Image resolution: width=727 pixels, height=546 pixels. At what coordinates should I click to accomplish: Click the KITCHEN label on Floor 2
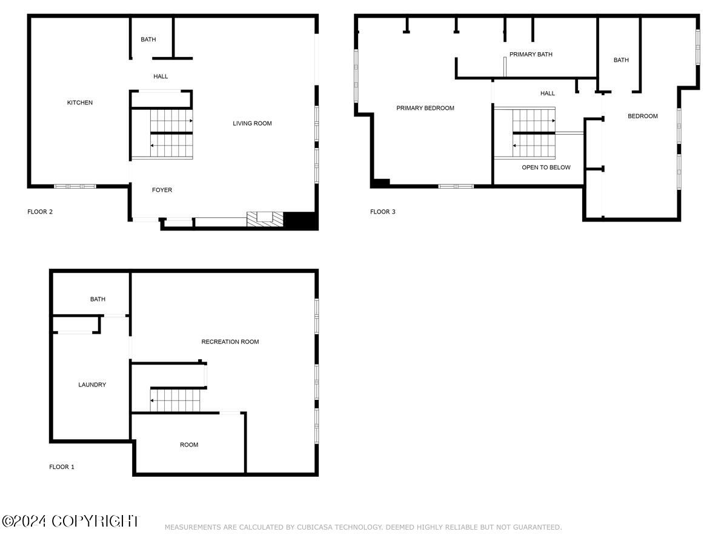click(x=80, y=103)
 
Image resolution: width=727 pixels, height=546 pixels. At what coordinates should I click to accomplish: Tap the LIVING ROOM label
click(x=252, y=123)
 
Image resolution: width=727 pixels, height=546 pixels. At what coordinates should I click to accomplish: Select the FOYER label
click(x=162, y=190)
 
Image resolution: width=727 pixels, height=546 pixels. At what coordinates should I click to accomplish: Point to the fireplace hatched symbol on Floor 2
click(x=265, y=219)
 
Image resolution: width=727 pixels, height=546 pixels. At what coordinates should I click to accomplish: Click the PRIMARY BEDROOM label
click(x=425, y=108)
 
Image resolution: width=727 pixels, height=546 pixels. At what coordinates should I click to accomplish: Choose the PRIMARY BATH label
click(x=531, y=55)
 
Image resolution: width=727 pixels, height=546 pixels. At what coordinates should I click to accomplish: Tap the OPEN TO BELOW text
click(x=546, y=167)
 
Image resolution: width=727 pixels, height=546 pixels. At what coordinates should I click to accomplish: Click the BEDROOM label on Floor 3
click(x=643, y=116)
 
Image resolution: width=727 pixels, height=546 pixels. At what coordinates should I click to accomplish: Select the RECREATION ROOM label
click(x=230, y=342)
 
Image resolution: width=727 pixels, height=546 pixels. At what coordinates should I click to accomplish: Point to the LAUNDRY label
click(x=92, y=385)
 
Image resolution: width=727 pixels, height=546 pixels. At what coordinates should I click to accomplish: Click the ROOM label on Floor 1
click(x=189, y=445)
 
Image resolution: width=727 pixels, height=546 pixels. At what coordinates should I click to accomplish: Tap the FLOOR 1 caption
click(x=62, y=467)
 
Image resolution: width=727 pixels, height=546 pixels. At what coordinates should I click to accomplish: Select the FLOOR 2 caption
click(x=40, y=212)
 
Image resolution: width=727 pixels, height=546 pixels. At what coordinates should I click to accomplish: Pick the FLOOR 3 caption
click(x=382, y=212)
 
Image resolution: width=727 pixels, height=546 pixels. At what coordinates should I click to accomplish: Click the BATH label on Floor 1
click(x=98, y=299)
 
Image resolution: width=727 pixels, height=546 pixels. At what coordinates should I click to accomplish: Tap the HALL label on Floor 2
click(x=161, y=76)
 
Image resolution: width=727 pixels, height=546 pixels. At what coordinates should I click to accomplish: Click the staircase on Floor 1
click(x=175, y=400)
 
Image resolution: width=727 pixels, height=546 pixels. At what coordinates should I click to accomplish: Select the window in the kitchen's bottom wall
click(x=75, y=186)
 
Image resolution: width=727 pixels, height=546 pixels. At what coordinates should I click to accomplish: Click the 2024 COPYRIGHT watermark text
click(x=70, y=521)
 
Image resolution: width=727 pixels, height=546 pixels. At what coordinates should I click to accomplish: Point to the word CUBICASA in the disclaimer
click(x=314, y=527)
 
